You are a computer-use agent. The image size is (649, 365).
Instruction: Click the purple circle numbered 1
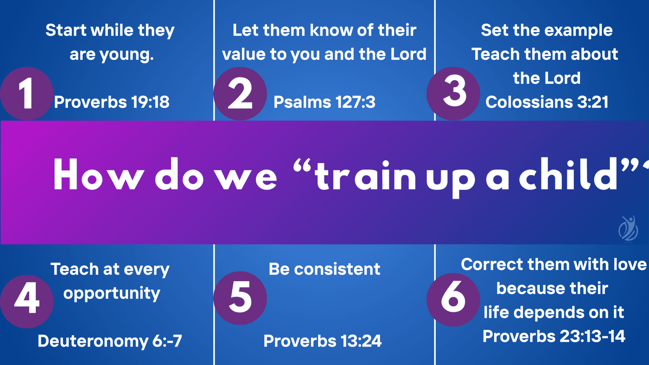point(27,94)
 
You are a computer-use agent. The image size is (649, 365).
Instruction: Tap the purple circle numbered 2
point(240,94)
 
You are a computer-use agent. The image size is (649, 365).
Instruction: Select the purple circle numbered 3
point(453,94)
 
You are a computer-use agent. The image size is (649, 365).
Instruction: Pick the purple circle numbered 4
point(27,302)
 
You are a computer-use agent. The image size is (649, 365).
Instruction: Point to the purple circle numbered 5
point(240,298)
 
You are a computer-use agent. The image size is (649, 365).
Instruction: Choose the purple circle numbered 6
point(453,300)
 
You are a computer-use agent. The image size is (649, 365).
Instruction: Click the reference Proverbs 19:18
point(112,102)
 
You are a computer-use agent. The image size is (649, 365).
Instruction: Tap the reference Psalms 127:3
point(324,102)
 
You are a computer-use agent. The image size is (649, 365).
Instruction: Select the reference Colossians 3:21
point(547,102)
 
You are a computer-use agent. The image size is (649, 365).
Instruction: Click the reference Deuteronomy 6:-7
point(110,341)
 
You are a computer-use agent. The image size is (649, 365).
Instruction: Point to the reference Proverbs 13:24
point(323,341)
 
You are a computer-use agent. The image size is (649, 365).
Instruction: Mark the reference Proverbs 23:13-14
point(554,337)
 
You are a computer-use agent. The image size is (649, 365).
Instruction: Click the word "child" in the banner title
point(567,174)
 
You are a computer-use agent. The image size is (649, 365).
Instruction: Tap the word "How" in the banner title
point(99,174)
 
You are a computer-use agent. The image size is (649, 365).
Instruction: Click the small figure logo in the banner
point(628,228)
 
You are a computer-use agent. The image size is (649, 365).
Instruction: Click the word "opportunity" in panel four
point(112,294)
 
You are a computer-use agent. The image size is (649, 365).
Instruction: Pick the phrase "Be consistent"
point(324,269)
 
